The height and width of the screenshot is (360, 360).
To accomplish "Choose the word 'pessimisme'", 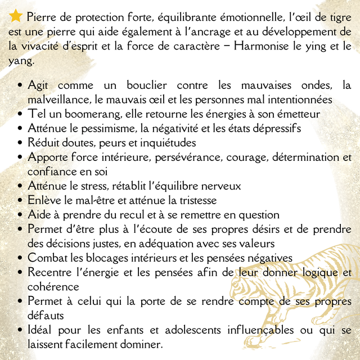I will click(107, 128).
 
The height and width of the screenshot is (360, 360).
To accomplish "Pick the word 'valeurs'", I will click(258, 244).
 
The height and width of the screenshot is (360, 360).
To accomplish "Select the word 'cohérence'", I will click(53, 287).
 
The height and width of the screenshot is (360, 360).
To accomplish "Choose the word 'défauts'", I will click(47, 316).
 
